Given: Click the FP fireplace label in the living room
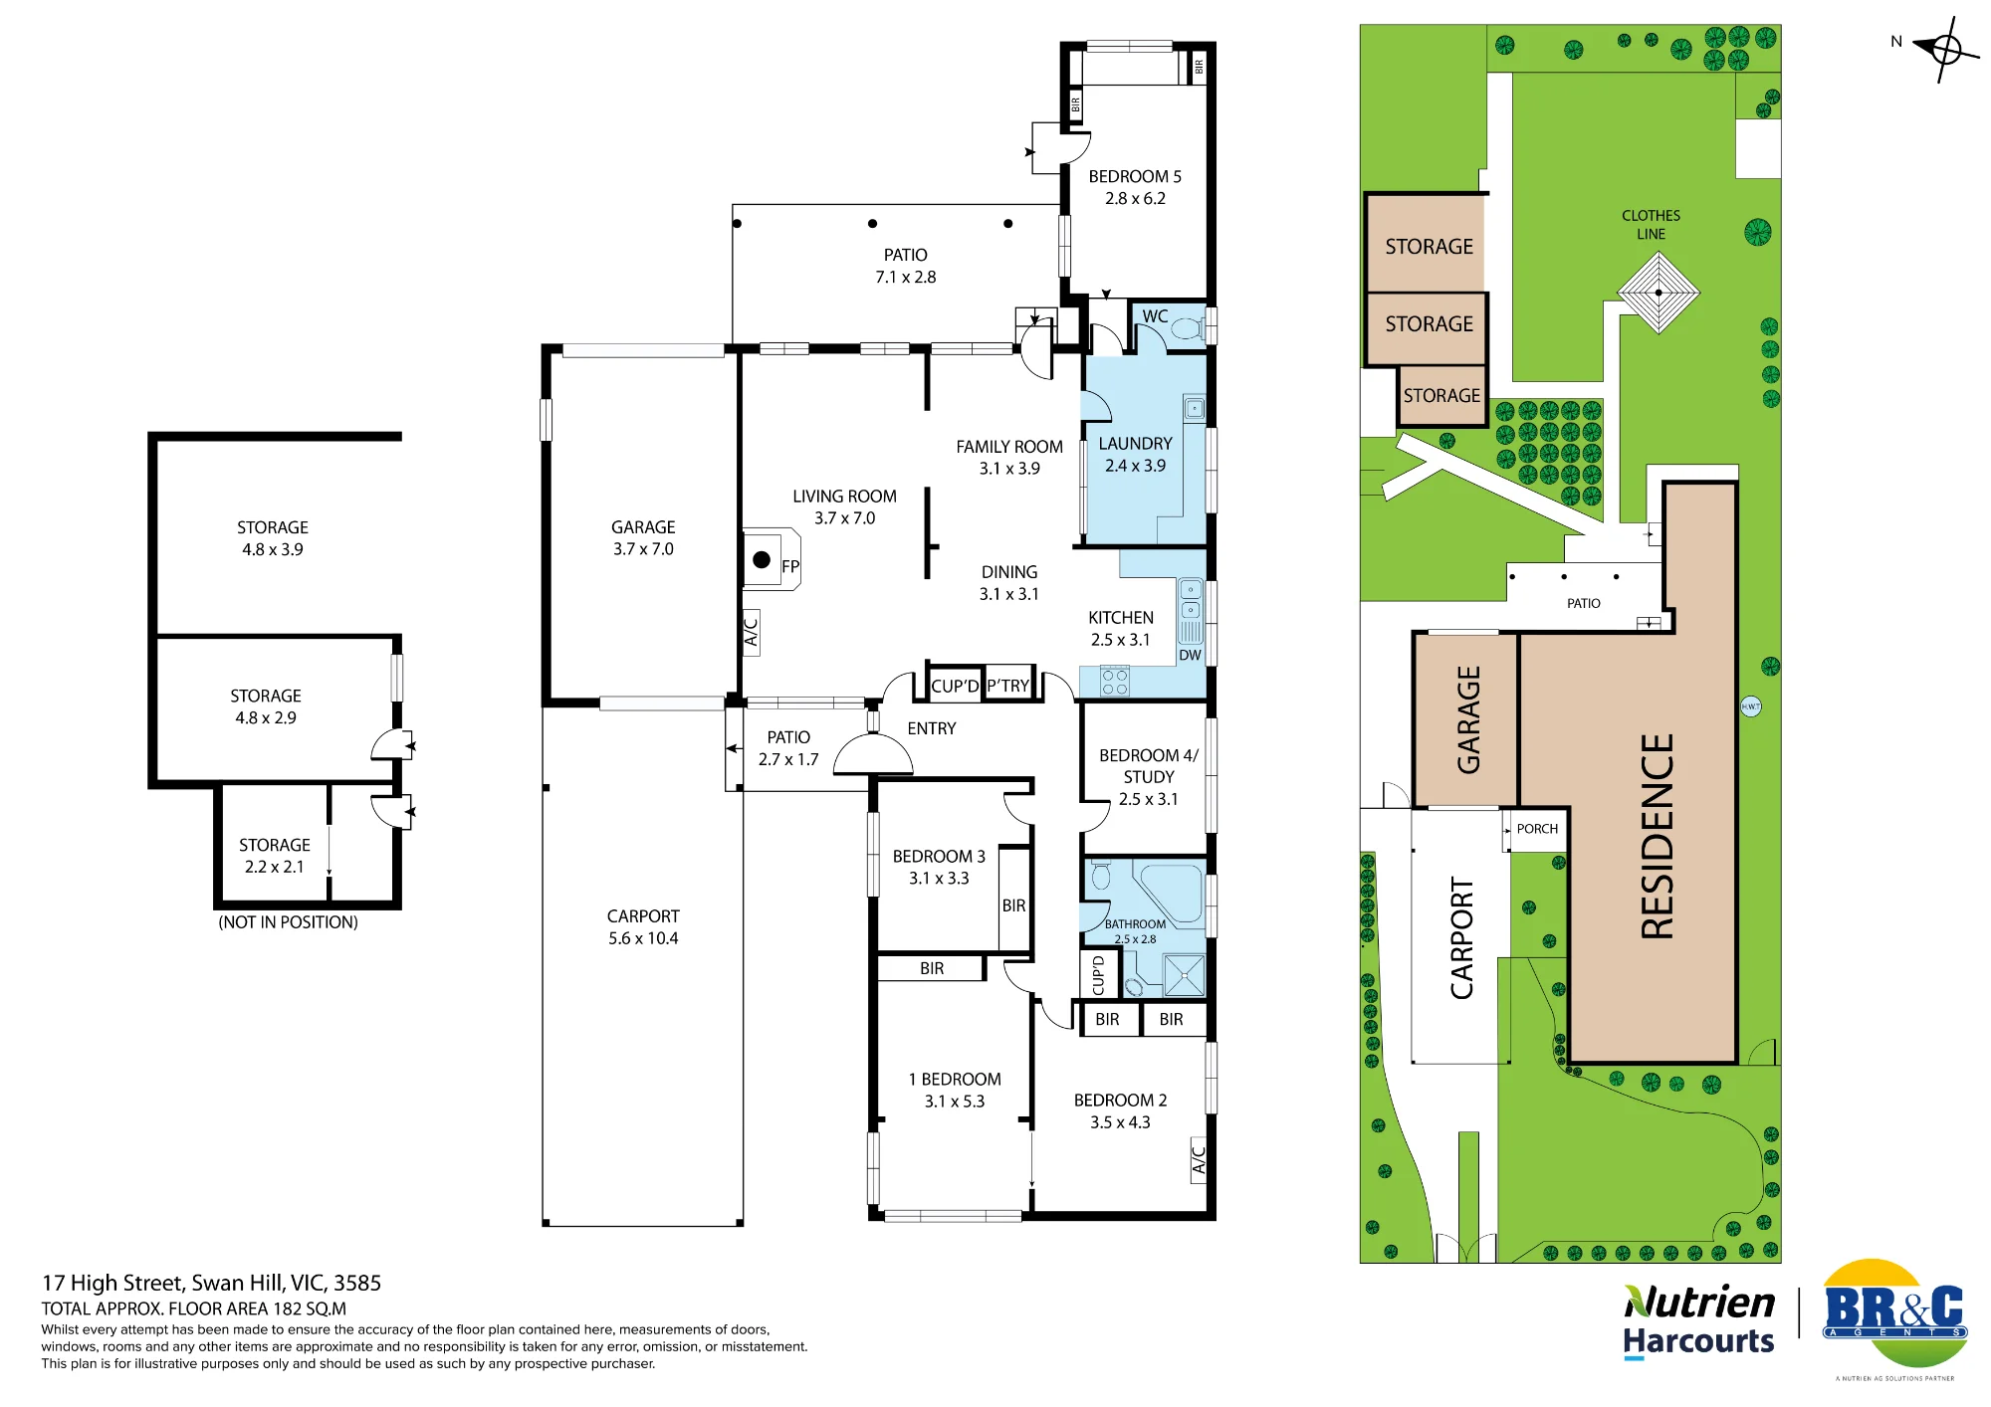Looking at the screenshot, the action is pos(790,567).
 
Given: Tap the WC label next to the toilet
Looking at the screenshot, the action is pos(1155,316).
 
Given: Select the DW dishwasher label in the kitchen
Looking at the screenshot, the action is pos(1190,655).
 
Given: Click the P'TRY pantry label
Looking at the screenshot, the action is pos(1007,686).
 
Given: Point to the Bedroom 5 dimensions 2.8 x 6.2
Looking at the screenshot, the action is pos(1135,198).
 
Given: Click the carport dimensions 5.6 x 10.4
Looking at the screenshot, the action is pos(643,938).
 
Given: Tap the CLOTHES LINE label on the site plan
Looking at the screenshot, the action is pos(1651,225).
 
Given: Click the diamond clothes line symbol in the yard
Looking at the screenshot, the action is pos(1659,293).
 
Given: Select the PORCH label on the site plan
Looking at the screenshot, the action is pos(1537,829).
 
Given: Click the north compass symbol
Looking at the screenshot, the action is pos(1945,49).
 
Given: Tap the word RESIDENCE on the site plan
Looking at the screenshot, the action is pos(1658,836).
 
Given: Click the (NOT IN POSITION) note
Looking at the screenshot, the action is pos(288,922).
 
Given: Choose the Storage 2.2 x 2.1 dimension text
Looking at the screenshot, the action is pos(275,867).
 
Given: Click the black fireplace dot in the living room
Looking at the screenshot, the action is pos(762,559).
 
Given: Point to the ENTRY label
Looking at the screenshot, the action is pos(932,728).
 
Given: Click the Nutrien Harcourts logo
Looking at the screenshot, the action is pos(1698,1321).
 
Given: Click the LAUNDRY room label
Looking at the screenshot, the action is pos(1135,444).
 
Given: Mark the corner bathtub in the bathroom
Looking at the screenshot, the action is pos(1171,893).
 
